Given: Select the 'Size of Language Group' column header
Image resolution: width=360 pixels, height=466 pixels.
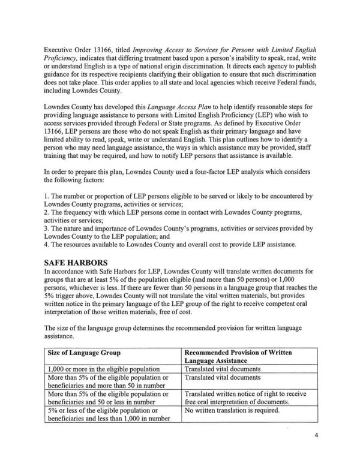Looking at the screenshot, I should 82,353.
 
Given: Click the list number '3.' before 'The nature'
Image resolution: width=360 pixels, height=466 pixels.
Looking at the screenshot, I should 47,229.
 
